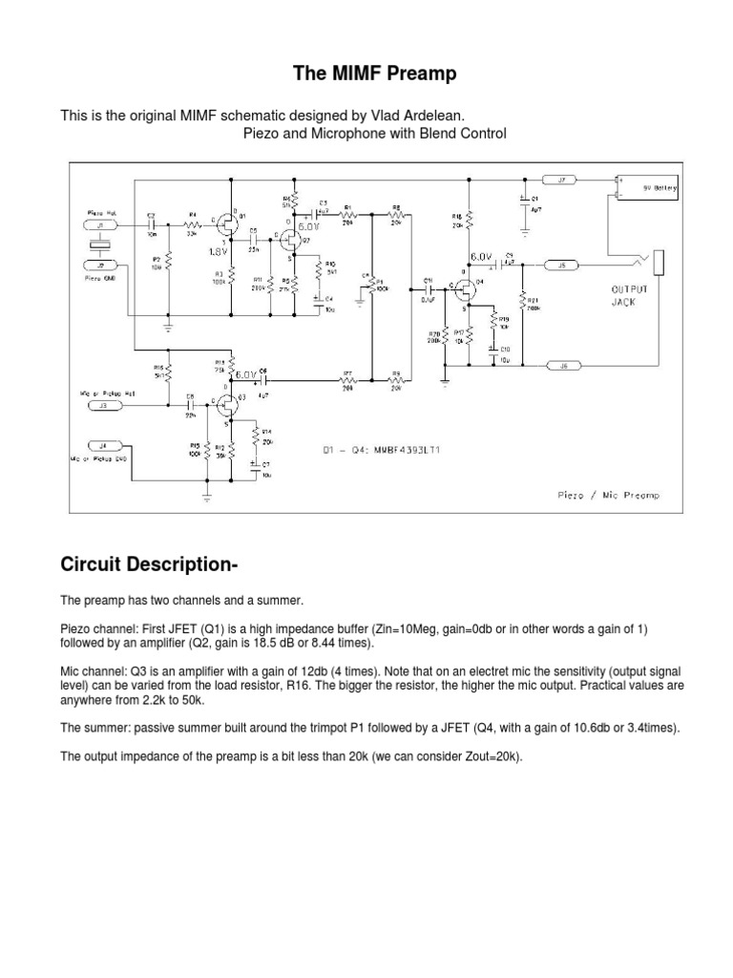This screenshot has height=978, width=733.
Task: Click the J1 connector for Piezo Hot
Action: [x=101, y=225]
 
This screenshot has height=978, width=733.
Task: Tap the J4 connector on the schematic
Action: [x=102, y=445]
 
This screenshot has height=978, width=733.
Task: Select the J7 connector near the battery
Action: [x=561, y=179]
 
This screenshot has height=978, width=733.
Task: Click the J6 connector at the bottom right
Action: [x=562, y=365]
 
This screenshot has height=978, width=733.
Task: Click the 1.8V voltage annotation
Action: [x=220, y=252]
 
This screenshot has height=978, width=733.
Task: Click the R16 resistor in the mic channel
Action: [x=169, y=371]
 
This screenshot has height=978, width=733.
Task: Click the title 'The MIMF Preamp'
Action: [x=366, y=73]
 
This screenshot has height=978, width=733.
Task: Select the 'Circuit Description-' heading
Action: [x=148, y=564]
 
